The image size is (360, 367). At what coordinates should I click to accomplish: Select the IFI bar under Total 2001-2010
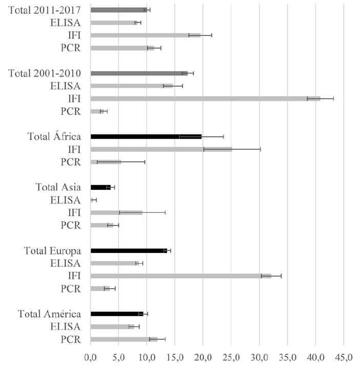point(205,99)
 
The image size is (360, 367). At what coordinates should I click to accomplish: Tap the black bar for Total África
point(146,137)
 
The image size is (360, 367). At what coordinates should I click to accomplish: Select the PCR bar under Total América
point(124,339)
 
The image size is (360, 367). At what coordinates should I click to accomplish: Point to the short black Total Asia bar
point(101,187)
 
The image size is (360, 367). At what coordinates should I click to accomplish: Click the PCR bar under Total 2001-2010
point(97,111)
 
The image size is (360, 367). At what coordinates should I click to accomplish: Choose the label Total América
point(49,314)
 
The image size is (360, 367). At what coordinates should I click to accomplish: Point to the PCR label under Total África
point(71,162)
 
